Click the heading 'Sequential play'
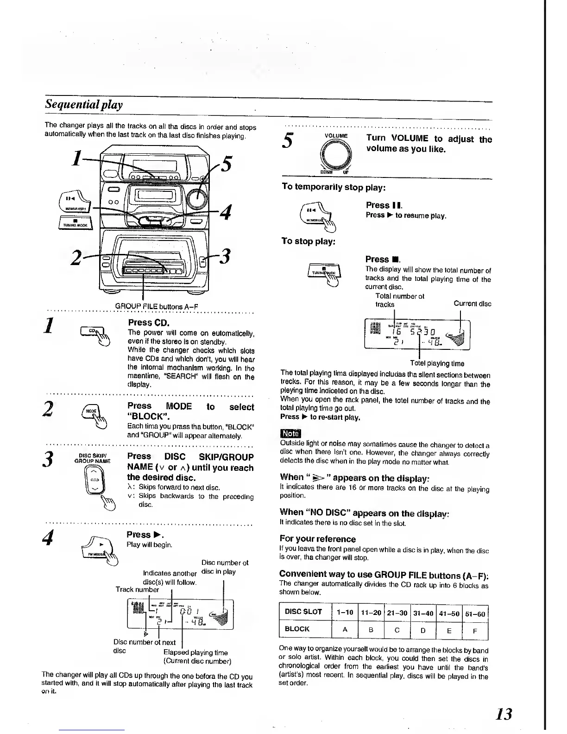(83, 104)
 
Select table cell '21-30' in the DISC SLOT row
(397, 614)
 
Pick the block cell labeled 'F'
(475, 630)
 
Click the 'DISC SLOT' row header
(303, 612)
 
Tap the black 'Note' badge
(290, 434)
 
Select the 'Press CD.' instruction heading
(149, 322)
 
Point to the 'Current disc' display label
(472, 304)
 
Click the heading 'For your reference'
(317, 539)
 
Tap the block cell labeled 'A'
(345, 629)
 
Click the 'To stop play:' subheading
(308, 241)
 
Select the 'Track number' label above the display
(137, 590)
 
